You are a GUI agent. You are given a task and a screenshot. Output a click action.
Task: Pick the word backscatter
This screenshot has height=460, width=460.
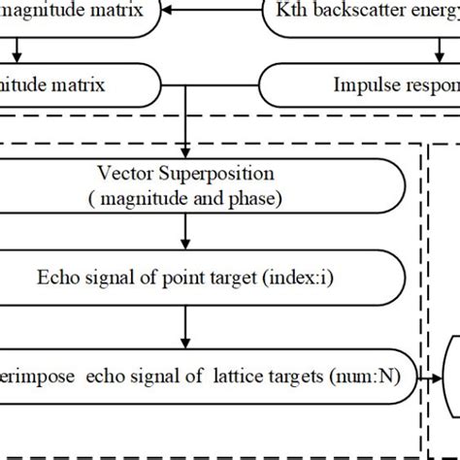(x=357, y=12)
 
